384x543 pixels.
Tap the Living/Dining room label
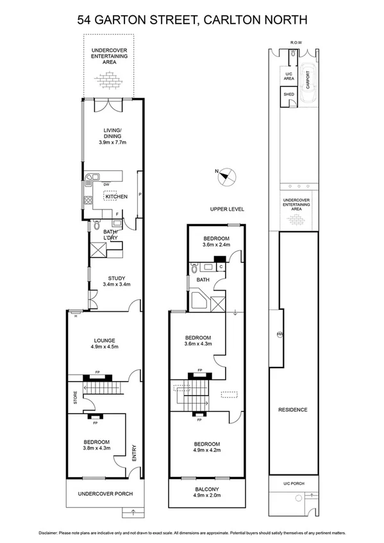point(113,137)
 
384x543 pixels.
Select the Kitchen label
point(117,197)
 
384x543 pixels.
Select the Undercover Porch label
point(104,494)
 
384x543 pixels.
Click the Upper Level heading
point(227,209)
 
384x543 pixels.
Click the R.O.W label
point(296,43)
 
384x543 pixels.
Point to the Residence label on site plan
point(292,410)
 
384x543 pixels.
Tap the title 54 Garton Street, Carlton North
point(192,20)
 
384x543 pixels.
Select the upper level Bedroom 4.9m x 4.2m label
point(207,447)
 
